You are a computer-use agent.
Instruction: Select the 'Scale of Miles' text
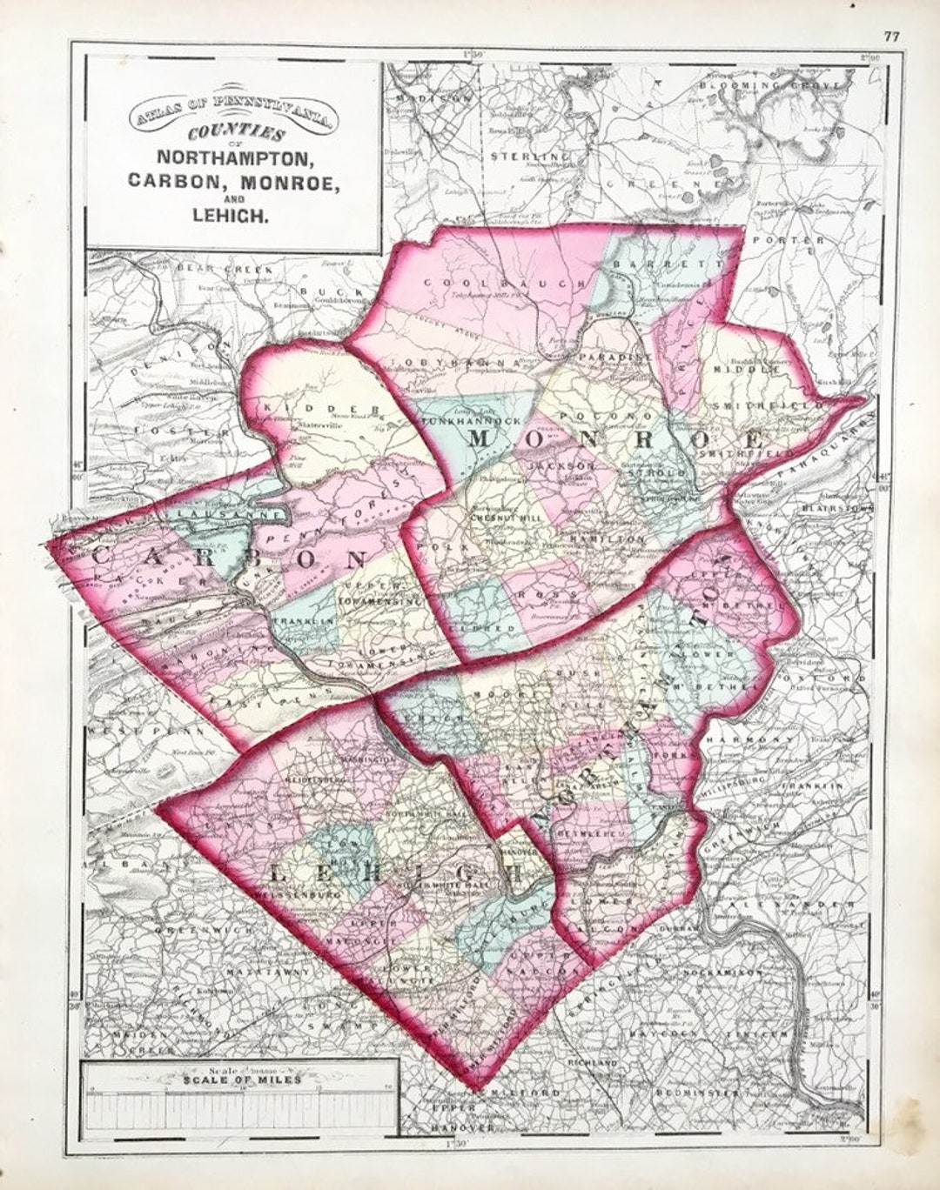pyautogui.click(x=242, y=1080)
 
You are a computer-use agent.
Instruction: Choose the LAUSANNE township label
pyautogui.click(x=226, y=515)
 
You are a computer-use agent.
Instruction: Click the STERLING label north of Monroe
pyautogui.click(x=520, y=156)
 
